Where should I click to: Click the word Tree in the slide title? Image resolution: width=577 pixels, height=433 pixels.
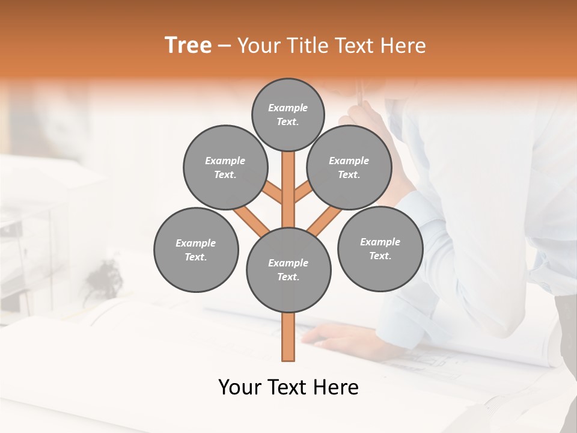[188, 46]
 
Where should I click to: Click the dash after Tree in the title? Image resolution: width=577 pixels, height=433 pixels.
[224, 46]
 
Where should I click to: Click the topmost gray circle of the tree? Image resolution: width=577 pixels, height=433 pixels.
[288, 114]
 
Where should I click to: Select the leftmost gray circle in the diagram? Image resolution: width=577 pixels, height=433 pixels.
[196, 250]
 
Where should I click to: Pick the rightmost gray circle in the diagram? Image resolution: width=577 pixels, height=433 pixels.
[380, 248]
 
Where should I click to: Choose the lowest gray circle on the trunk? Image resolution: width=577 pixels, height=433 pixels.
[288, 269]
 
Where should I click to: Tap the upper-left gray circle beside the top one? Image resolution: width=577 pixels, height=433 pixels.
[225, 167]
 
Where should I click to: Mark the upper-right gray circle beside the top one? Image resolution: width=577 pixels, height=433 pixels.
[349, 167]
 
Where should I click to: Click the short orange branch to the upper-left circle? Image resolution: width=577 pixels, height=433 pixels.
[273, 193]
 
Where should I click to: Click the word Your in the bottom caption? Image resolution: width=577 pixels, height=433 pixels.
[240, 387]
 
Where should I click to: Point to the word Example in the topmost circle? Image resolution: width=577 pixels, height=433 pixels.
[288, 108]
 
